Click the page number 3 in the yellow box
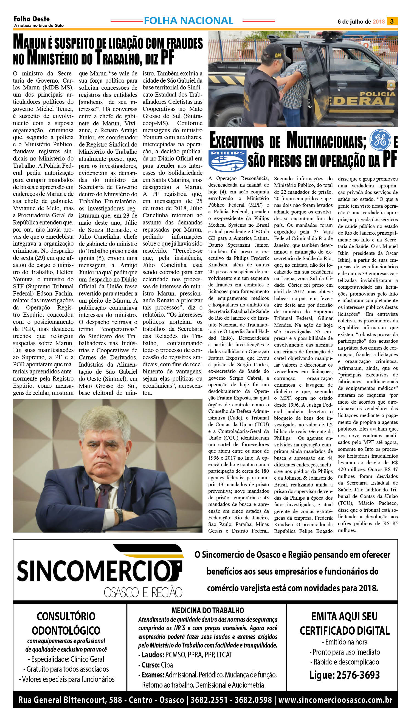392,21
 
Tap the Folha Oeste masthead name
32,19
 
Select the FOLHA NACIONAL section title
188,21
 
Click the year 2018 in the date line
379,22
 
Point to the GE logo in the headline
380,140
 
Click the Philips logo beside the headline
227,161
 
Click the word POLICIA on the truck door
377,94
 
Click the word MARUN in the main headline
30,43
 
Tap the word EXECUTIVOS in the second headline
237,141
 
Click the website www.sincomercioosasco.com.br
335,700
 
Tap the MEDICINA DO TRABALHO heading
208,610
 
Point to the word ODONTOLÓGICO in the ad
66,630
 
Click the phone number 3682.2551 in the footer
209,700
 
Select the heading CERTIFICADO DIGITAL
344,631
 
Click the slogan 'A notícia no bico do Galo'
39,26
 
